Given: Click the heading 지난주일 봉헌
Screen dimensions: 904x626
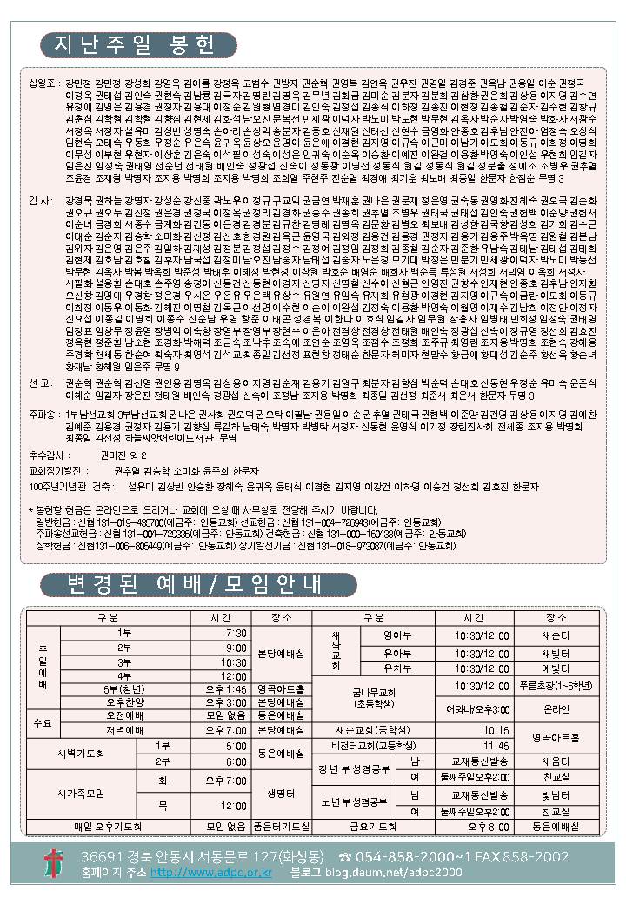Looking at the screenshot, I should (138, 44).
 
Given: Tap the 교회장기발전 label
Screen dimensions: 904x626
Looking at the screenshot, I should (57, 469).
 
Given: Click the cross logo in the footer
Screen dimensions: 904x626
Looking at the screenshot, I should (54, 863).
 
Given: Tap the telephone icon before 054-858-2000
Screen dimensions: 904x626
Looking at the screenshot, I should (344, 856).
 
